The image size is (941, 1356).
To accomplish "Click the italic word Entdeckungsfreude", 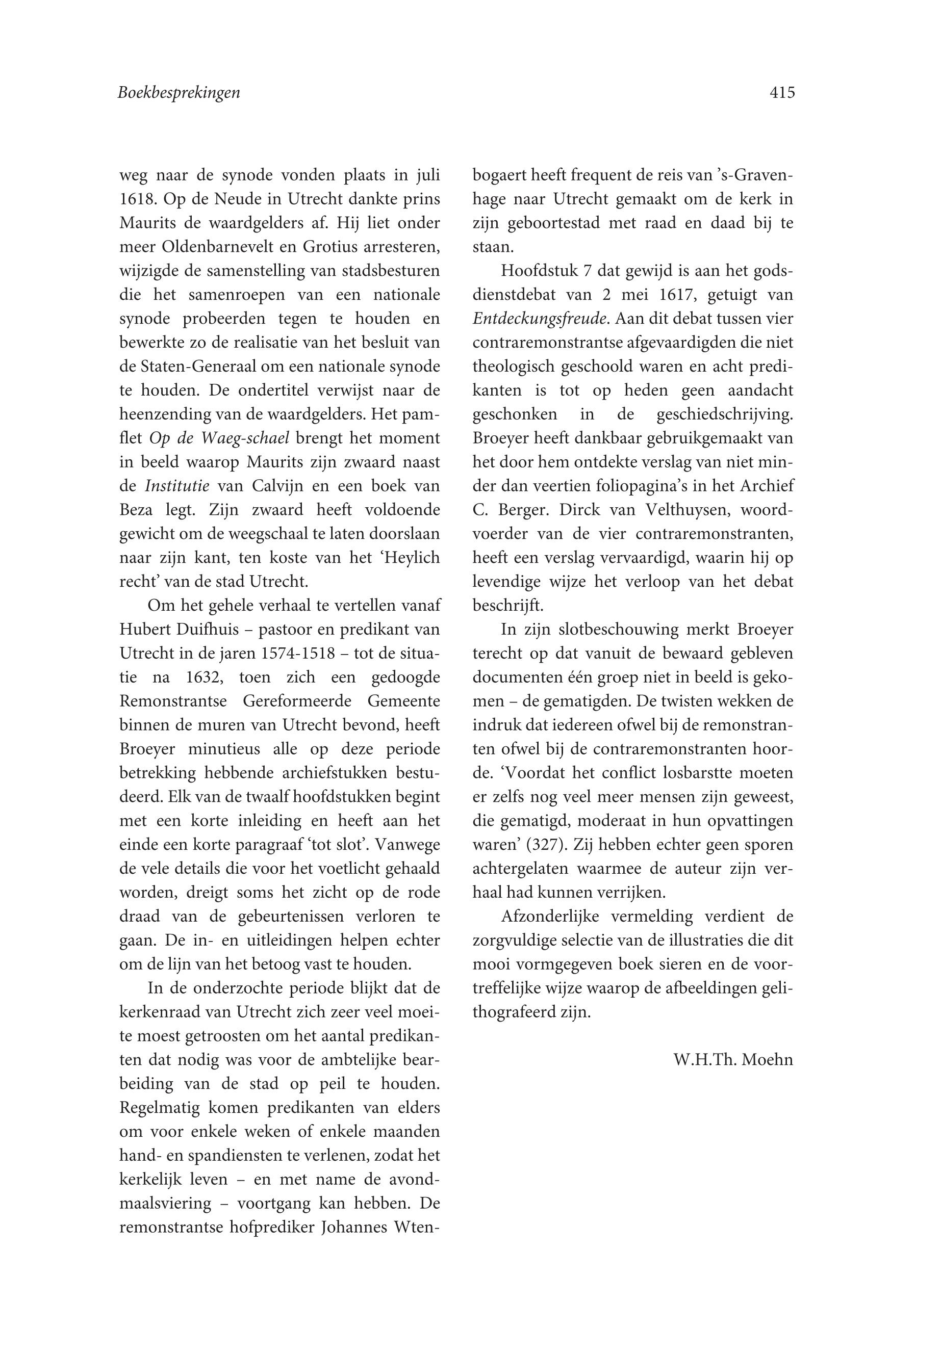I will click(x=540, y=319).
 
